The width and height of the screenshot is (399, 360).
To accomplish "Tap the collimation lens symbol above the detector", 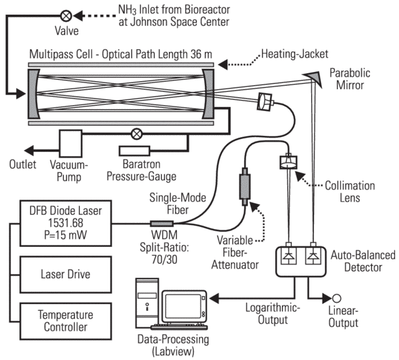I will (x=289, y=161).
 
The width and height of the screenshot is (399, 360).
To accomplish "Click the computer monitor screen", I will (x=187, y=303).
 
